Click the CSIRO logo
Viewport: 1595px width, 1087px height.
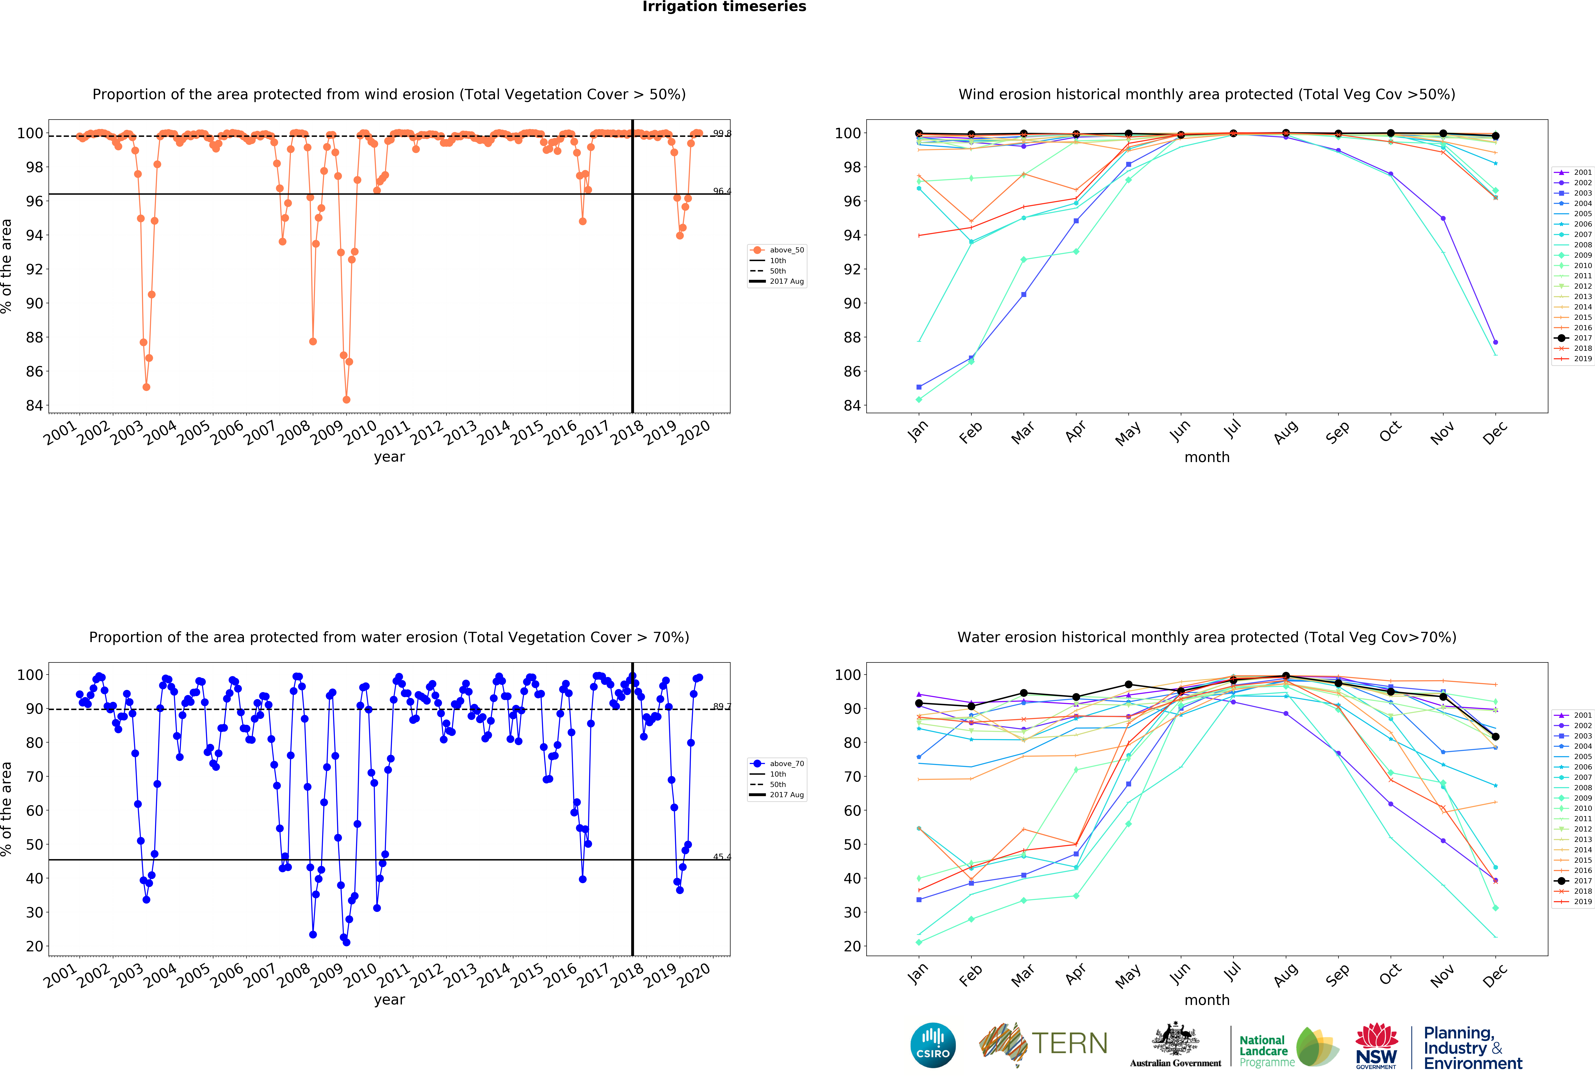click(x=933, y=1045)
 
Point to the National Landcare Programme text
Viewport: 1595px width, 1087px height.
click(x=1266, y=1051)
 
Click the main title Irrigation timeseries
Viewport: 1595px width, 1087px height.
click(x=724, y=7)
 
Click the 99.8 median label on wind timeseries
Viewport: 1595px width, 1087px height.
click(x=721, y=133)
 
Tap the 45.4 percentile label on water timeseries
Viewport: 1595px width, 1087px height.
click(x=721, y=856)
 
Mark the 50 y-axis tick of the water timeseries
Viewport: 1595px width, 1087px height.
click(x=34, y=844)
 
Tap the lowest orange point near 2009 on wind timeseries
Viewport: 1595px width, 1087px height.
click(x=347, y=399)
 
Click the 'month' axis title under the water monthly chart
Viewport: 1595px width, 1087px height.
click(x=1207, y=1000)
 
